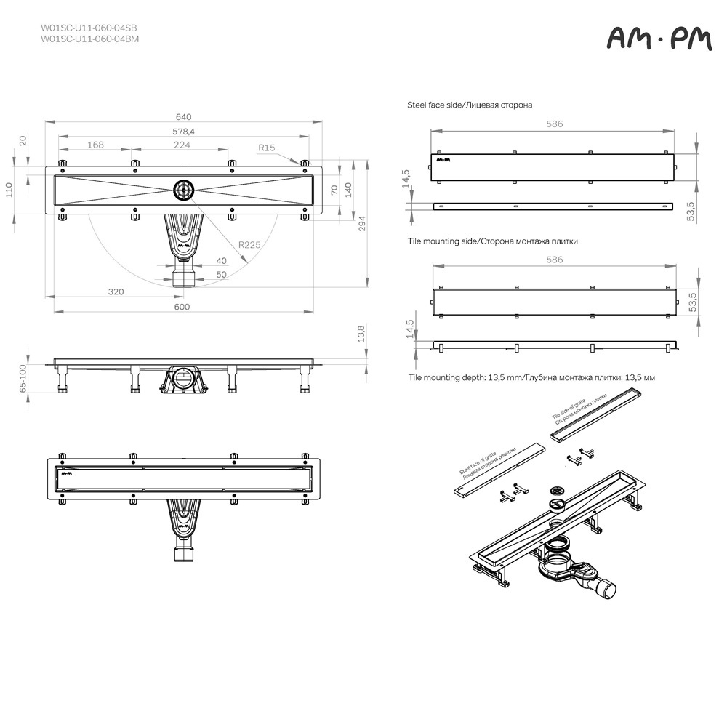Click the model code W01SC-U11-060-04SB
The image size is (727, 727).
[x=89, y=28]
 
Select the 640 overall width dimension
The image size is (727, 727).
[x=183, y=117]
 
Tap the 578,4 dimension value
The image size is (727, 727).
[x=183, y=132]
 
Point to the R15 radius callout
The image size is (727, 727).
[x=267, y=148]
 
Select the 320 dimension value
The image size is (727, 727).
[x=116, y=292]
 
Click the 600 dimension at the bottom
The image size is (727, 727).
[x=182, y=307]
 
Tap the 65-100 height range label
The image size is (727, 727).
[x=23, y=379]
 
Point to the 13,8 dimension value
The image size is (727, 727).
[x=361, y=334]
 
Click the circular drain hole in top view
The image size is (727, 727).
[x=182, y=190]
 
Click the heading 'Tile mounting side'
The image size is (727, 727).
[x=492, y=241]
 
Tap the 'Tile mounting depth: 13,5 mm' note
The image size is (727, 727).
[x=531, y=378]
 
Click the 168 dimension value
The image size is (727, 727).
[x=95, y=145]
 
